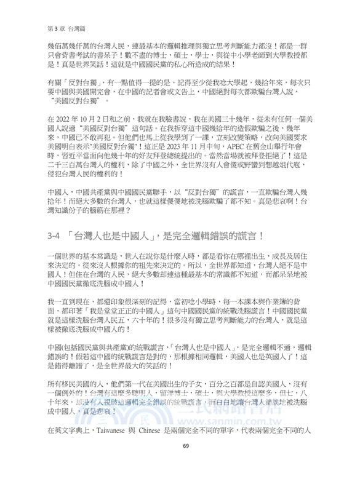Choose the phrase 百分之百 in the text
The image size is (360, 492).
225,366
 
